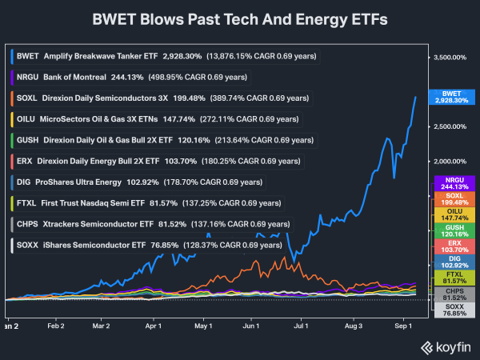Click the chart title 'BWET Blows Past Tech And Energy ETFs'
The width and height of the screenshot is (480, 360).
click(240, 19)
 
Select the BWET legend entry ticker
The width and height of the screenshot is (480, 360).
click(27, 56)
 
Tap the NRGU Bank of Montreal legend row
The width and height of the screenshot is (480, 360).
click(130, 77)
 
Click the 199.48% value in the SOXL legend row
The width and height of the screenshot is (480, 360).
click(189, 98)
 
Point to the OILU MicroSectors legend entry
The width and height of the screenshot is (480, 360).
click(156, 119)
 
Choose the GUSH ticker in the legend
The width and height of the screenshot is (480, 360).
click(27, 140)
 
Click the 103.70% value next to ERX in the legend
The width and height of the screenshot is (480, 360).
click(181, 161)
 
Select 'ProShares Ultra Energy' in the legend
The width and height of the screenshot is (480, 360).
click(78, 182)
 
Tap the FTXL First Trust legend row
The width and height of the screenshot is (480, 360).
click(147, 203)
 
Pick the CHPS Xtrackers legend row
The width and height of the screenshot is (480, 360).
click(152, 224)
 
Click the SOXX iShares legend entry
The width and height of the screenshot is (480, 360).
click(148, 246)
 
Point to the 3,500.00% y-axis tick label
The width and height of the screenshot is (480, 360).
click(450, 58)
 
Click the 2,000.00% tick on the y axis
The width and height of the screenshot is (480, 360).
click(450, 162)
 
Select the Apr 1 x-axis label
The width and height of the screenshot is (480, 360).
click(153, 326)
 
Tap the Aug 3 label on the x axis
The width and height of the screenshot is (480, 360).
click(354, 326)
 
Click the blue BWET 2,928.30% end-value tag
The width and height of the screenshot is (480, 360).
click(452, 97)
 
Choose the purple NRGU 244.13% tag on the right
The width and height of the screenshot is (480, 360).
click(454, 183)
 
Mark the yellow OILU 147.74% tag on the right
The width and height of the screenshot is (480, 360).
click(454, 214)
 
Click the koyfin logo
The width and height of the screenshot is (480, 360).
click(446, 348)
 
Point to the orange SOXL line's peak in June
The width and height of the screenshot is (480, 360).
click(284, 257)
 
